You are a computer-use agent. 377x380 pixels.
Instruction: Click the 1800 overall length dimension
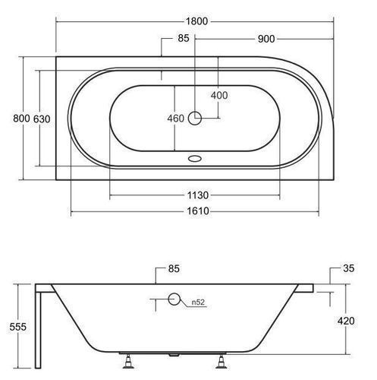click(x=196, y=21)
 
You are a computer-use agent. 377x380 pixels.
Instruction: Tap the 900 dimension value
click(x=266, y=39)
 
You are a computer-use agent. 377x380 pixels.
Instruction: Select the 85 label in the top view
click(x=184, y=38)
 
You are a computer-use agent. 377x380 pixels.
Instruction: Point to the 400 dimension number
click(x=219, y=96)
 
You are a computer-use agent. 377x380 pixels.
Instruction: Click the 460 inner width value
click(x=176, y=119)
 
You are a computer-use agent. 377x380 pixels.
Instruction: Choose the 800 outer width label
click(x=21, y=119)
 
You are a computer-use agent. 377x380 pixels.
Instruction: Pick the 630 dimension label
click(x=42, y=119)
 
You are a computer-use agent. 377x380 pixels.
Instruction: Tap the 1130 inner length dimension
click(x=198, y=195)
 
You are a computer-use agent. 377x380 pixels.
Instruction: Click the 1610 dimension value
click(x=198, y=211)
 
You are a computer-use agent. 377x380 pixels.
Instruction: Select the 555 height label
click(x=17, y=327)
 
